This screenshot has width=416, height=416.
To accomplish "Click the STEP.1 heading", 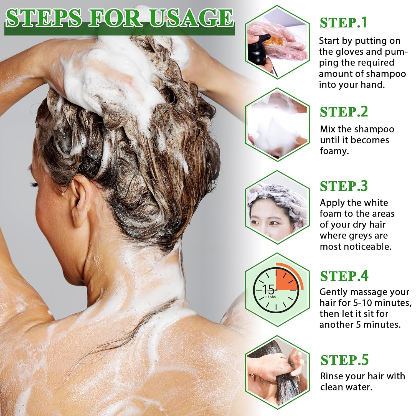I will [x=343, y=23].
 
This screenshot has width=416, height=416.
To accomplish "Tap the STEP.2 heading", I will [x=344, y=112].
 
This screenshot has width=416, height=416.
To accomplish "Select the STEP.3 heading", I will [x=344, y=186].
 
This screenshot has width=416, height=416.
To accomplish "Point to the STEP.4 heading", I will [x=344, y=276].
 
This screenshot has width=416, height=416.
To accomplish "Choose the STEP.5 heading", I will [x=345, y=360].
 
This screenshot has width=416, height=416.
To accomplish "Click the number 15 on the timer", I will [x=268, y=290].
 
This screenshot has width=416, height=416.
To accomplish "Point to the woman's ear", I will [x=79, y=198].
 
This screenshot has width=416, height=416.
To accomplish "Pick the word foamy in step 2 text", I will [x=334, y=151].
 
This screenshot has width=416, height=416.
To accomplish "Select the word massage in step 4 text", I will [x=357, y=292].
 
